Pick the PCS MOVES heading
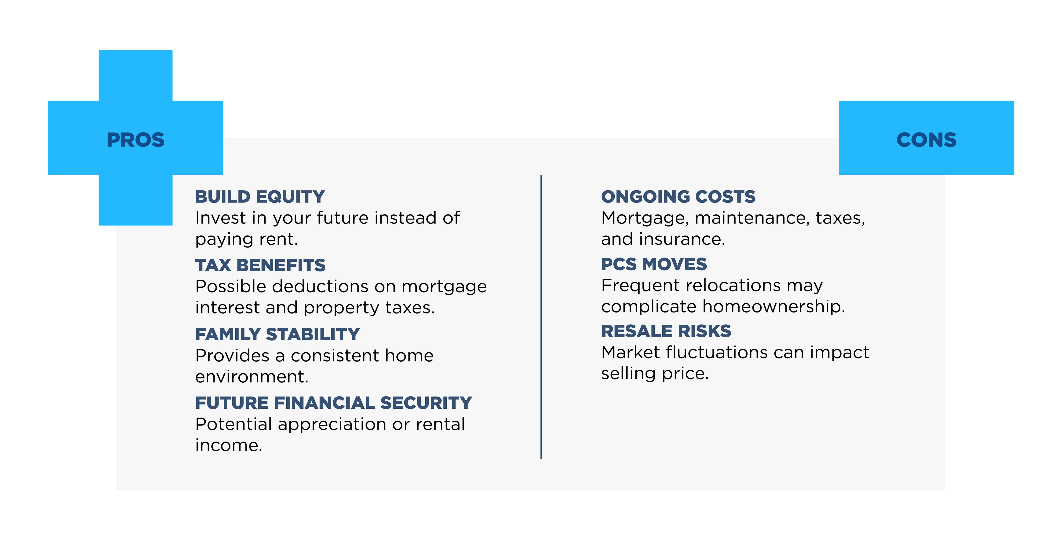[x=654, y=264]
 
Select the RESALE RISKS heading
[x=666, y=331]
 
